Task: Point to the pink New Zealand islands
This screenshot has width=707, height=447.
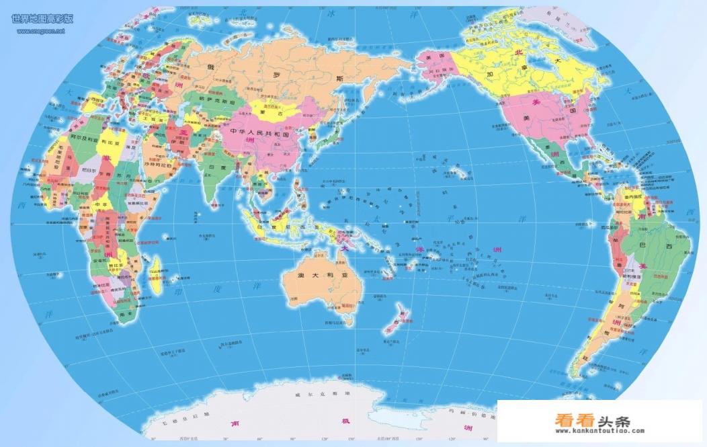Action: (x=397, y=319)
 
